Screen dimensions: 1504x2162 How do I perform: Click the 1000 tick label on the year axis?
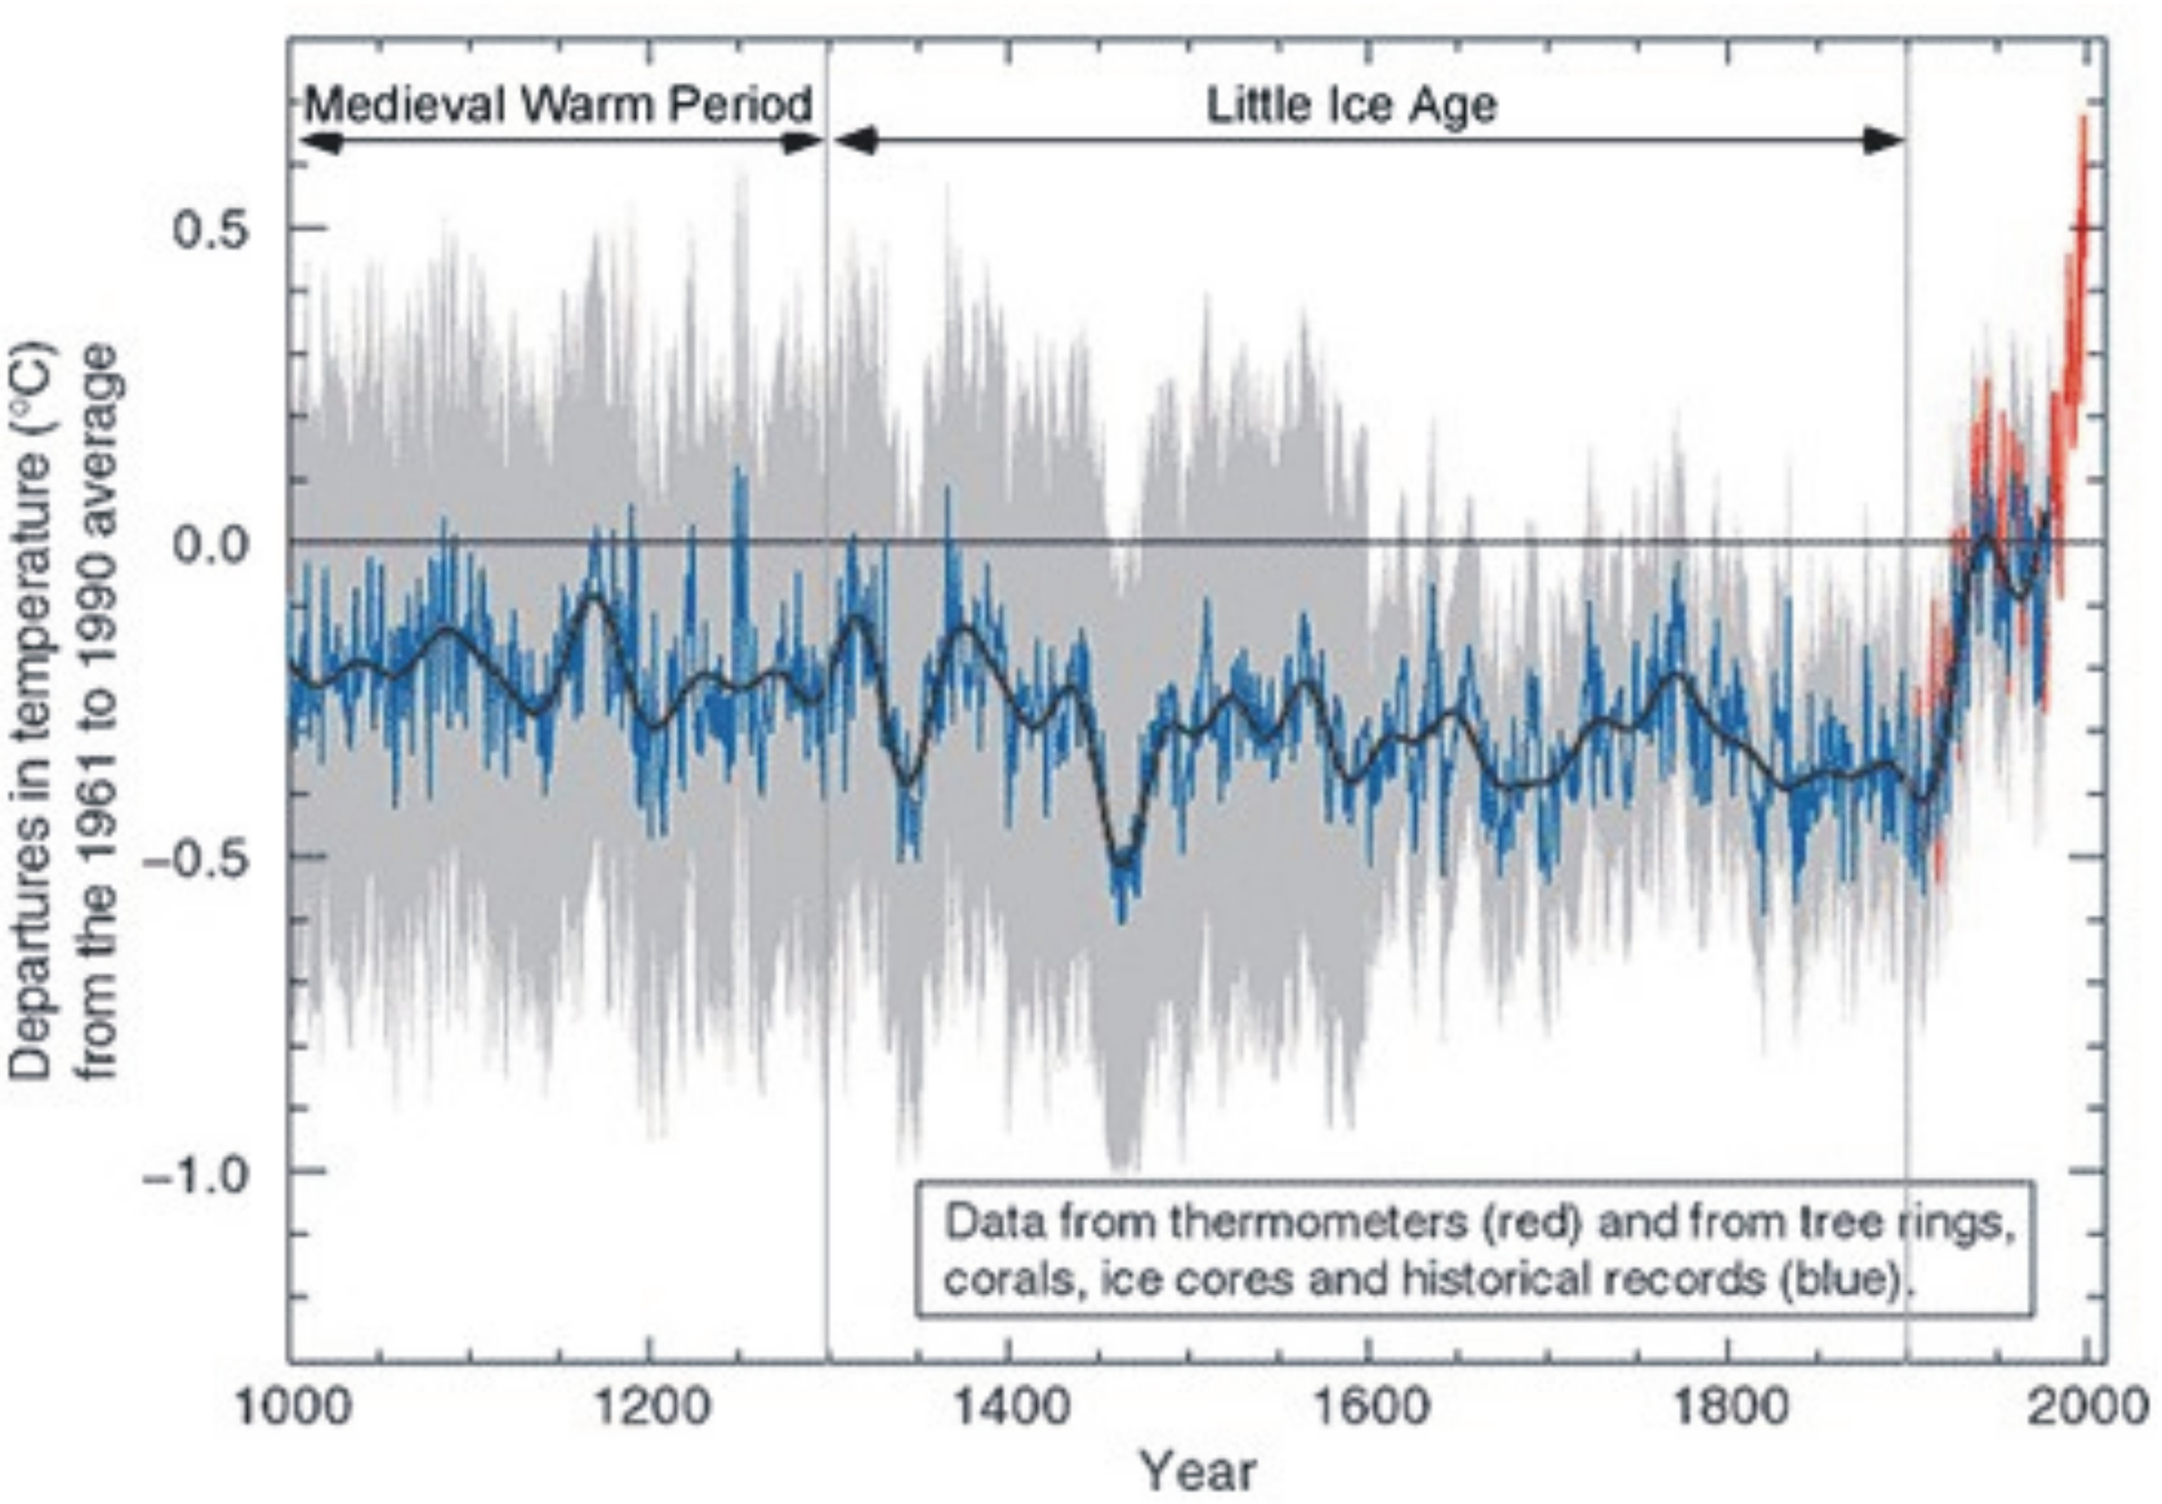click(x=291, y=1407)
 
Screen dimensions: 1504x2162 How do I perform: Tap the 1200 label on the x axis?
click(x=650, y=1407)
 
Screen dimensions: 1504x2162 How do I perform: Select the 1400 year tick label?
click(x=1009, y=1407)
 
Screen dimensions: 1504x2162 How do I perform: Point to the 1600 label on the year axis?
click(x=1368, y=1407)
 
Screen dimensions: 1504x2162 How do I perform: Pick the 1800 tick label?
click(x=1728, y=1407)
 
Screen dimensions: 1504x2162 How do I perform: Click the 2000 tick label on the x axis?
click(x=2089, y=1407)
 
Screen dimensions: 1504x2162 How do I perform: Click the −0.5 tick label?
click(x=196, y=857)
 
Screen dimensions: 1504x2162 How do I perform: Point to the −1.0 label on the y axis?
click(x=196, y=1172)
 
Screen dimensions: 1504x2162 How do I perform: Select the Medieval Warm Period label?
click(x=558, y=103)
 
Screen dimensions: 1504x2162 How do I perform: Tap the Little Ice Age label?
click(x=1352, y=105)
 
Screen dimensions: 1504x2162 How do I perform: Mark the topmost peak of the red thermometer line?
click(x=2084, y=117)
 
